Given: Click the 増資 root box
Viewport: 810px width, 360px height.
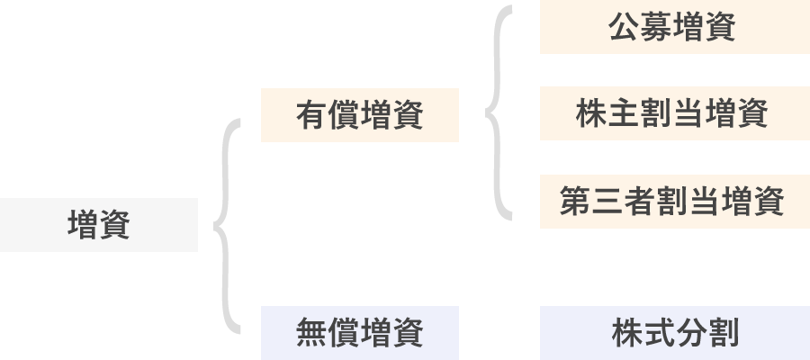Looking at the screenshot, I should (99, 225).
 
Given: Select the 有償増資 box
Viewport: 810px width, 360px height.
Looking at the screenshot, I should (360, 115).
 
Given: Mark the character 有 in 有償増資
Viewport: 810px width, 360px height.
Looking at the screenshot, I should (311, 116).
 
